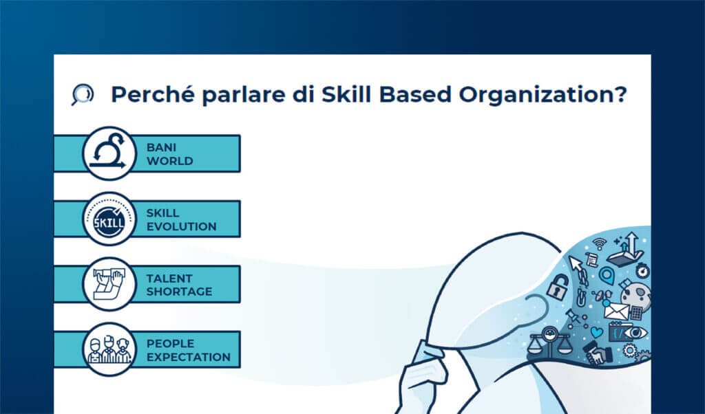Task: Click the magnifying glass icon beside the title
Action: tap(82, 94)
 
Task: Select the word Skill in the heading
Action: tap(346, 94)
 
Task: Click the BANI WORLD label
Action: tap(169, 154)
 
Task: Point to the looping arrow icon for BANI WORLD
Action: tap(109, 153)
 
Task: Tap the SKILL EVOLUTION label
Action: tap(181, 219)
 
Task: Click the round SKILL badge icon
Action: tap(109, 219)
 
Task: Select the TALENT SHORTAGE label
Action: tap(179, 285)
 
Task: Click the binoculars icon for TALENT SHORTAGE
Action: tap(109, 284)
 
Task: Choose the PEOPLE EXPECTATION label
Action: tap(188, 350)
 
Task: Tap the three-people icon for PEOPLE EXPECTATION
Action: tap(109, 349)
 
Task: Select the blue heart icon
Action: tap(596, 333)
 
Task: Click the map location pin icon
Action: tap(606, 276)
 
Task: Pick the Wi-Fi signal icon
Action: tap(599, 243)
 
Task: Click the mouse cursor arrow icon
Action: tap(576, 264)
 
